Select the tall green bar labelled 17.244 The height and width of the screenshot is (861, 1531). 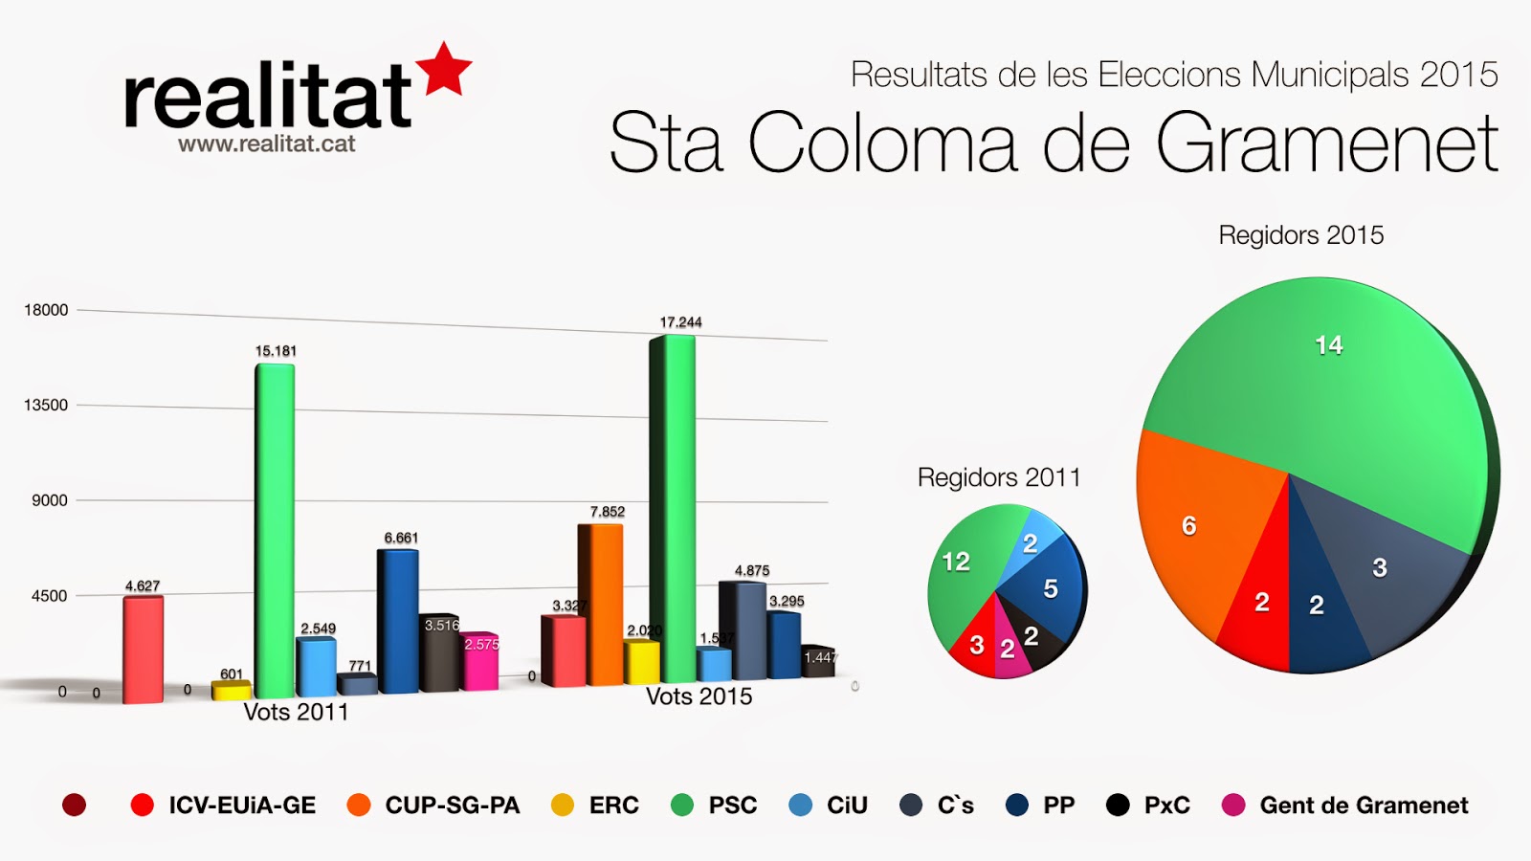click(x=673, y=507)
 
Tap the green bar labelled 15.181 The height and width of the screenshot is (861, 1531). click(x=275, y=531)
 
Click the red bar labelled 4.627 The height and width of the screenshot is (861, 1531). click(x=143, y=649)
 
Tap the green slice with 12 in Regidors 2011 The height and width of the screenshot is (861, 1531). click(x=962, y=574)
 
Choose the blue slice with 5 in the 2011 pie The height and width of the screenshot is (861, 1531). click(x=1048, y=588)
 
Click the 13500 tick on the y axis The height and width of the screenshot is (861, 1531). click(x=46, y=406)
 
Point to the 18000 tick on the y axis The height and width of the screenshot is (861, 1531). click(x=46, y=310)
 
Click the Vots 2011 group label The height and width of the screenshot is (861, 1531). click(x=296, y=712)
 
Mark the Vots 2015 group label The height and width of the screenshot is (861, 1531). click(x=699, y=696)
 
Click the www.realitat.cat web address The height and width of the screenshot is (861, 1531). click(x=267, y=144)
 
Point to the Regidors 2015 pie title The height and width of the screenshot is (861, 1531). click(x=1300, y=235)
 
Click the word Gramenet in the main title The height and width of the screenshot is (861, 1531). click(x=1327, y=143)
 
